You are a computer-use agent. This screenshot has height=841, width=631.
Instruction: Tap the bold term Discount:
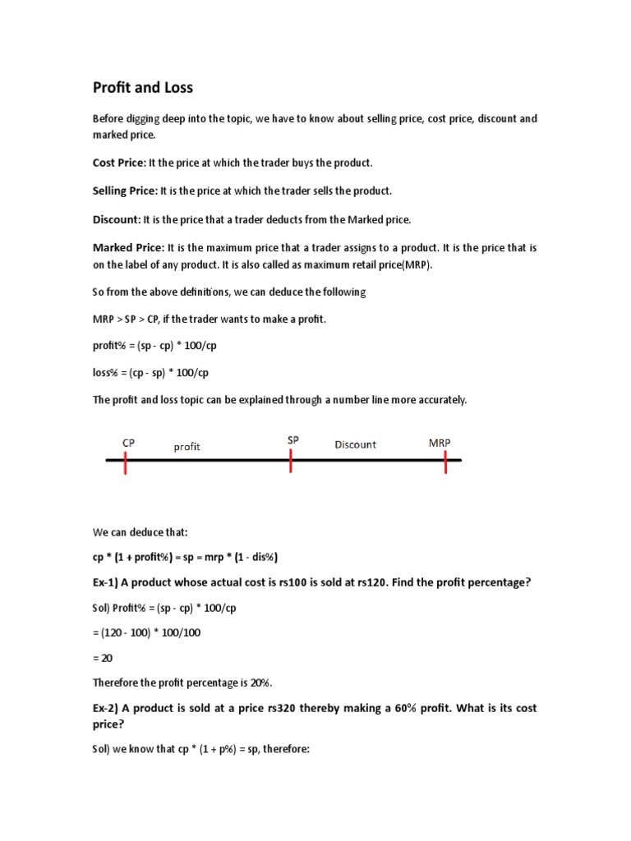click(x=116, y=219)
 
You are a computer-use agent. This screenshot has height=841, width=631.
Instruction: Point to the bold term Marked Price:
click(x=128, y=247)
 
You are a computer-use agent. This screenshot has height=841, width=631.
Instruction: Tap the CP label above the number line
click(x=129, y=443)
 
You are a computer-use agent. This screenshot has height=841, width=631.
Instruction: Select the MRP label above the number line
click(x=440, y=443)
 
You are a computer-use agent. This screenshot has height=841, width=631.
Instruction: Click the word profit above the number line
click(x=187, y=447)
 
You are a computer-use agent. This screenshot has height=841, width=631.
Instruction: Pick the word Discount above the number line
click(x=355, y=444)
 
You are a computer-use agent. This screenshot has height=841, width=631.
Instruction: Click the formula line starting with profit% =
click(x=154, y=345)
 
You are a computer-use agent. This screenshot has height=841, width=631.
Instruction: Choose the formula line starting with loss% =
click(x=150, y=373)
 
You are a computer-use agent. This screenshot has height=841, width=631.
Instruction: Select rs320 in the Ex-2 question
click(x=274, y=708)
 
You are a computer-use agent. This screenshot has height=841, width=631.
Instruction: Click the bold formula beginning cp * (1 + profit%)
click(x=185, y=557)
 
